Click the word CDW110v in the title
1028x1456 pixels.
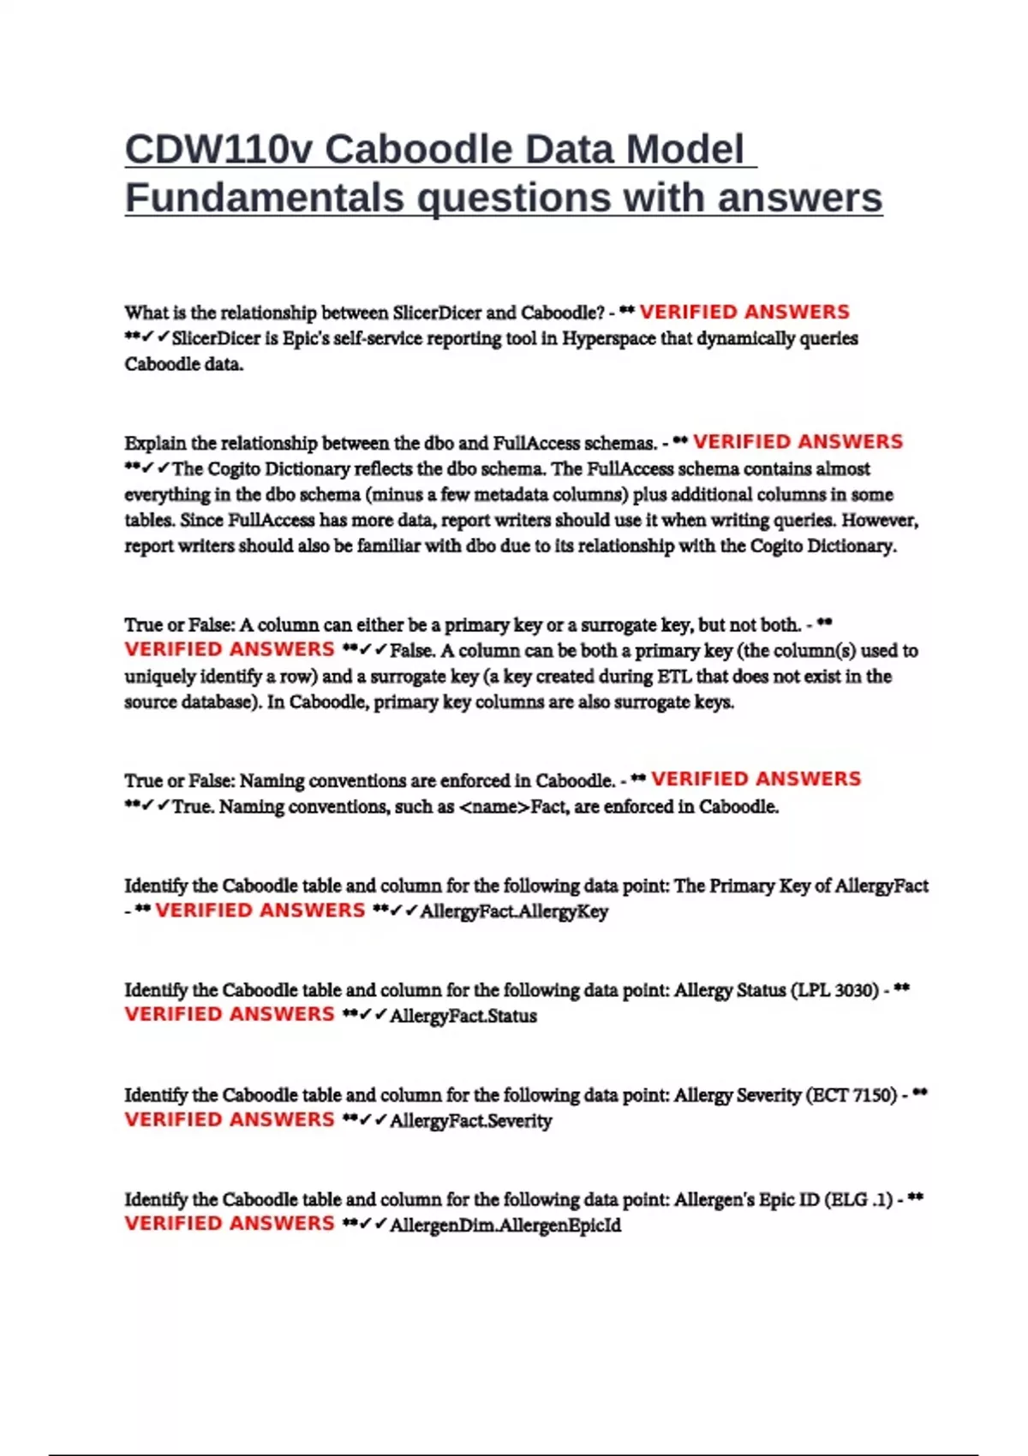coord(218,150)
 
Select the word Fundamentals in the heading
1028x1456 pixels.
coord(264,198)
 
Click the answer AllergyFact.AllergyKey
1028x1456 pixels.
coord(514,911)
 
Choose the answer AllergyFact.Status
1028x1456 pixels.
coord(463,1016)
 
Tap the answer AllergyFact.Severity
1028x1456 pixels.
coord(470,1120)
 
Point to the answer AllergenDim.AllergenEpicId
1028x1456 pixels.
coord(505,1225)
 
